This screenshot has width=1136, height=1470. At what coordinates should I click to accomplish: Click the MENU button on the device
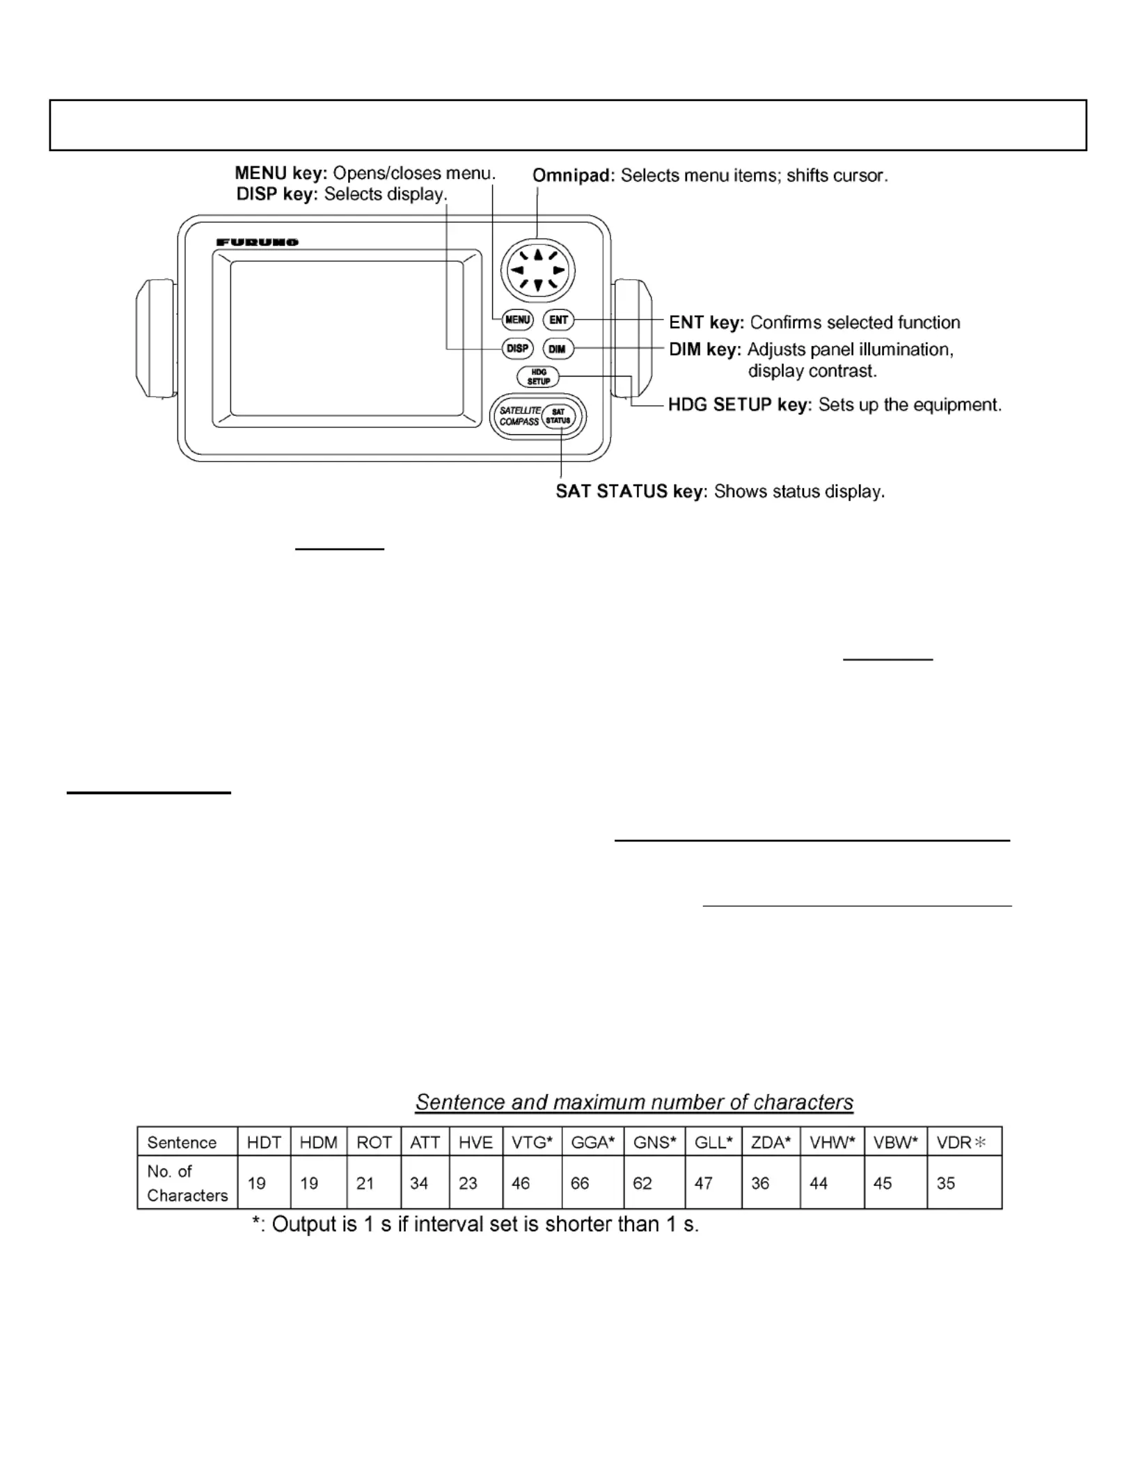coord(517,320)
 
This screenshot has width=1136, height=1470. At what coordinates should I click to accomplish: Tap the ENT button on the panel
coord(558,320)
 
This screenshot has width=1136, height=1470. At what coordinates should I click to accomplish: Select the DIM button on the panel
coord(558,349)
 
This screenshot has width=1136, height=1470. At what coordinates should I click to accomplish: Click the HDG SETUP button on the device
coord(538,377)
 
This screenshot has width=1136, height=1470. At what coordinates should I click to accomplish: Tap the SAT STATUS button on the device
coord(558,417)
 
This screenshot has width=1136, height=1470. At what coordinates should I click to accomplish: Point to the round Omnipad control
coord(537,270)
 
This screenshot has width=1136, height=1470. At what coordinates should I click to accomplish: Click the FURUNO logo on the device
coord(258,242)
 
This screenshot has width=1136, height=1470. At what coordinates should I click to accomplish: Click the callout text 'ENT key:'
coord(706,323)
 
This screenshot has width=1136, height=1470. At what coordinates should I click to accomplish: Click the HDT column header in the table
coord(264,1143)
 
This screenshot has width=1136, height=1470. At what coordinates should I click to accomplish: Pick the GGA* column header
coord(592,1143)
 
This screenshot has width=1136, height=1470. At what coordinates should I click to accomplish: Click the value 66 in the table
coord(580,1183)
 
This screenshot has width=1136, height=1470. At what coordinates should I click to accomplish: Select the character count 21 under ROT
coord(365,1183)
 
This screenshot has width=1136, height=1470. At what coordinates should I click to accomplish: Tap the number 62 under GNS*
coord(642,1183)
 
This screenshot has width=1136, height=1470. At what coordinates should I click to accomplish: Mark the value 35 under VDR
coord(945,1183)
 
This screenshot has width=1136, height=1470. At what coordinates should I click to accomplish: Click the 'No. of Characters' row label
coord(187,1183)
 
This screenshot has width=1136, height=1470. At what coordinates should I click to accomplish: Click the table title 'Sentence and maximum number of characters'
coord(634,1102)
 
